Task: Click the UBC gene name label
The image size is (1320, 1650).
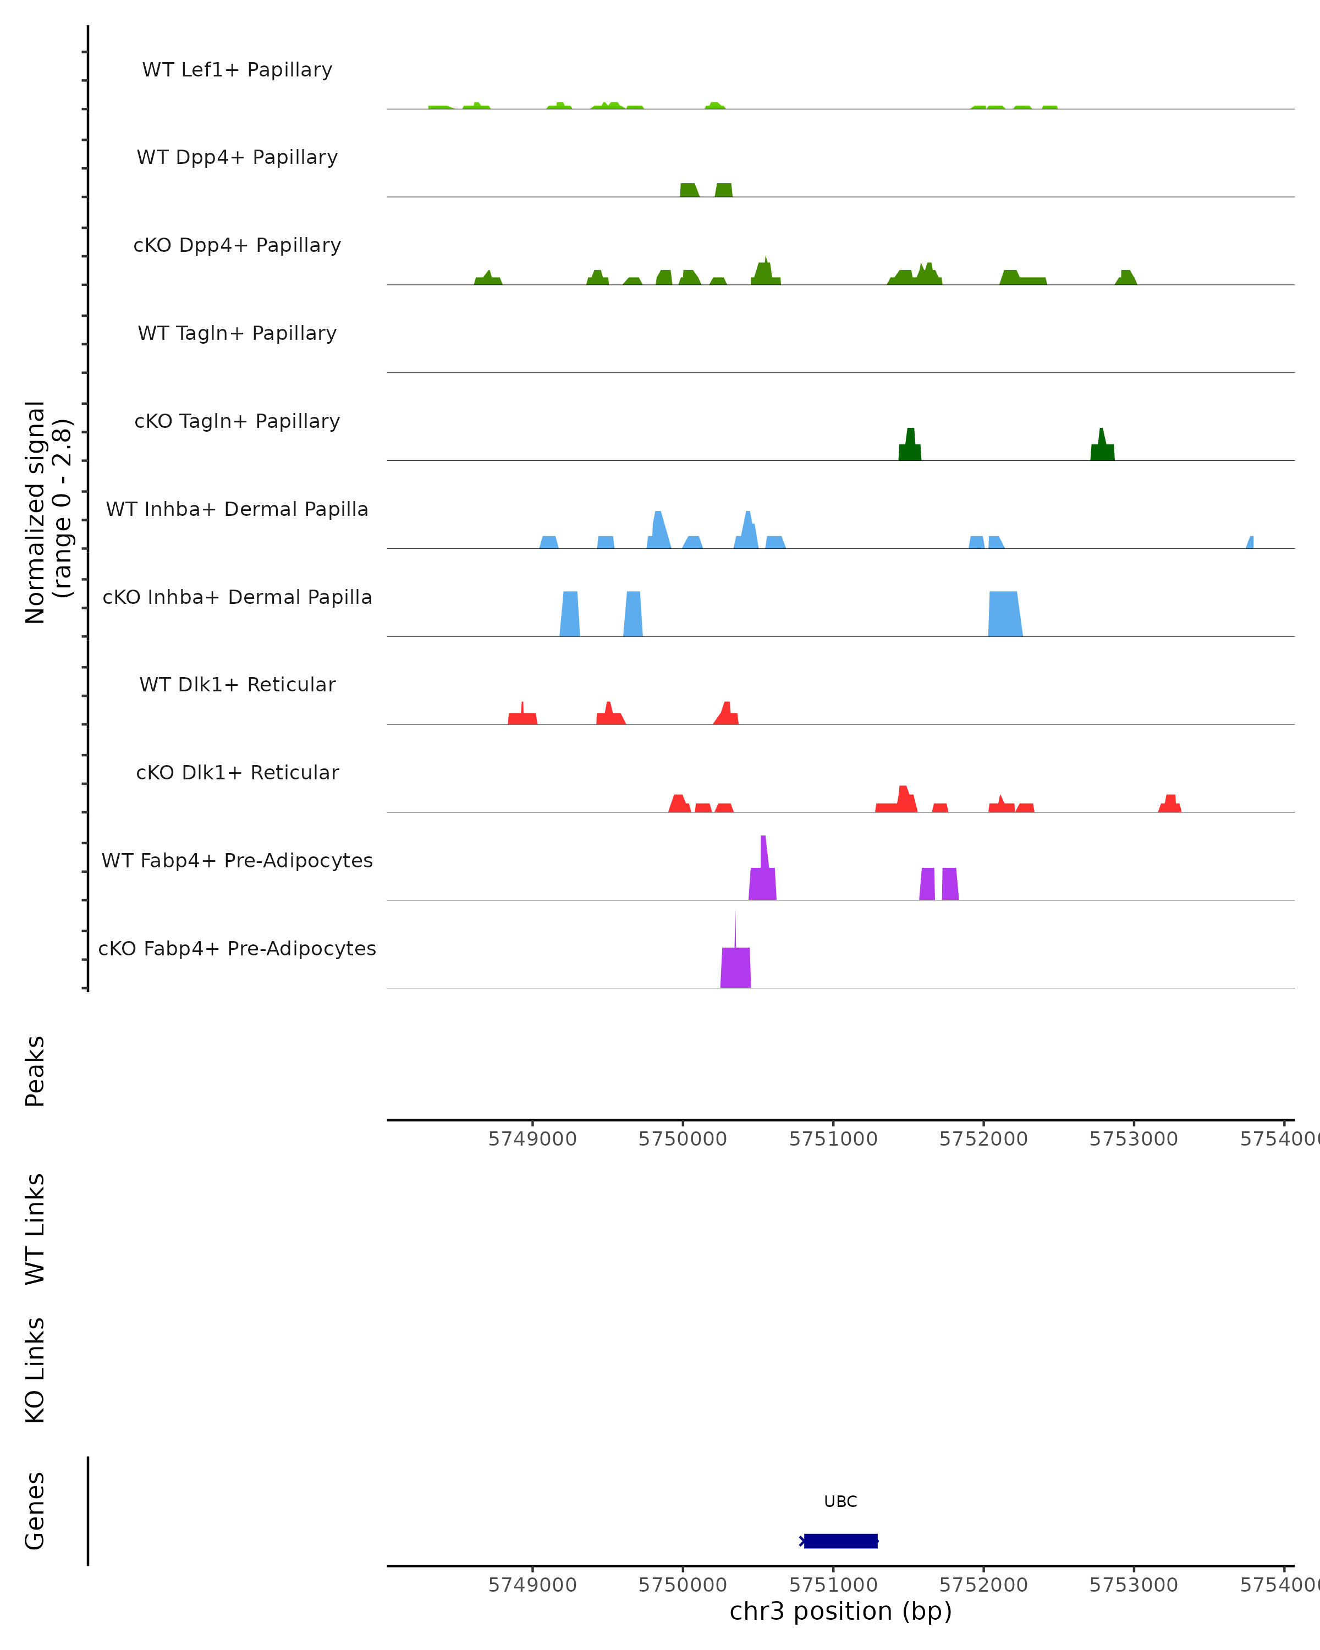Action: [x=840, y=1502]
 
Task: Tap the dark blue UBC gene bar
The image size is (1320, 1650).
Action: [x=840, y=1541]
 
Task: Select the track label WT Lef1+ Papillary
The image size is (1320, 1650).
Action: [x=237, y=70]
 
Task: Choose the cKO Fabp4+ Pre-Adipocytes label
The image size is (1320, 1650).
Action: [x=237, y=948]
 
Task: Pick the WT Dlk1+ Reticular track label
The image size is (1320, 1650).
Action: [x=237, y=685]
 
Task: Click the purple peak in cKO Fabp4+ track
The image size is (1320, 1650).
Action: [x=735, y=968]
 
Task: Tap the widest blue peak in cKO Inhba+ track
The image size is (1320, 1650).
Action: [x=1005, y=614]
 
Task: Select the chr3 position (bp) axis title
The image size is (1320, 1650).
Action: [x=840, y=1611]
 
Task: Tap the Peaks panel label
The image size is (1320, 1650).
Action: [x=35, y=1071]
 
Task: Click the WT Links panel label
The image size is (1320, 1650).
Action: [x=35, y=1228]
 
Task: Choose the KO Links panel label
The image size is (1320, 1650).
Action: [x=35, y=1370]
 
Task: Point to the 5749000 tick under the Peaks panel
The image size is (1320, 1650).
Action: [x=532, y=1139]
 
